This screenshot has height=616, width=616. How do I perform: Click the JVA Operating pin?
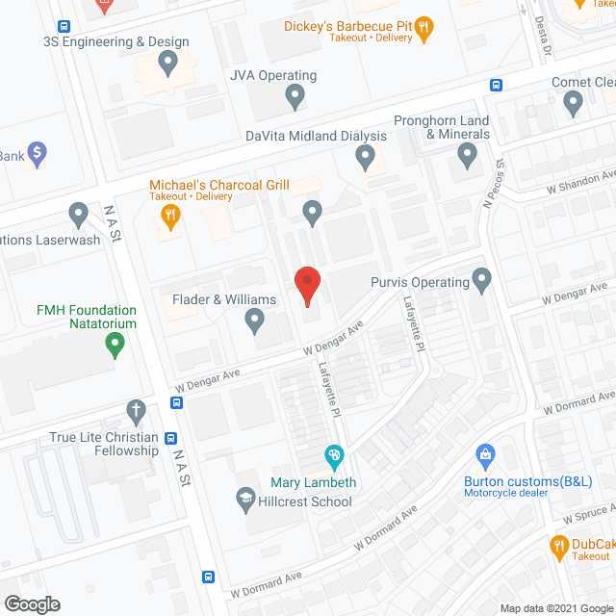click(295, 95)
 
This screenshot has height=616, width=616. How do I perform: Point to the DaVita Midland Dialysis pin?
click(365, 155)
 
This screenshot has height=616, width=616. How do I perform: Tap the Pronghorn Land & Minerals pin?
click(468, 153)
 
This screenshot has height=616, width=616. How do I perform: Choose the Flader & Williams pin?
click(255, 319)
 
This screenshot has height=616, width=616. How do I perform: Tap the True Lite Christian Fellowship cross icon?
click(135, 411)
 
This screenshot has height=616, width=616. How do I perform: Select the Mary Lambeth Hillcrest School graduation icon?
click(245, 498)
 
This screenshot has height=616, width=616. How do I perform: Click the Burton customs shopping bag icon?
click(486, 453)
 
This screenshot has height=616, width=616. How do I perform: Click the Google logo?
click(31, 603)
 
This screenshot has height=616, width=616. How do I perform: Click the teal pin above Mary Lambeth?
click(334, 454)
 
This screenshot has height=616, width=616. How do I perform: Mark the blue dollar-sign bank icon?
click(38, 152)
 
